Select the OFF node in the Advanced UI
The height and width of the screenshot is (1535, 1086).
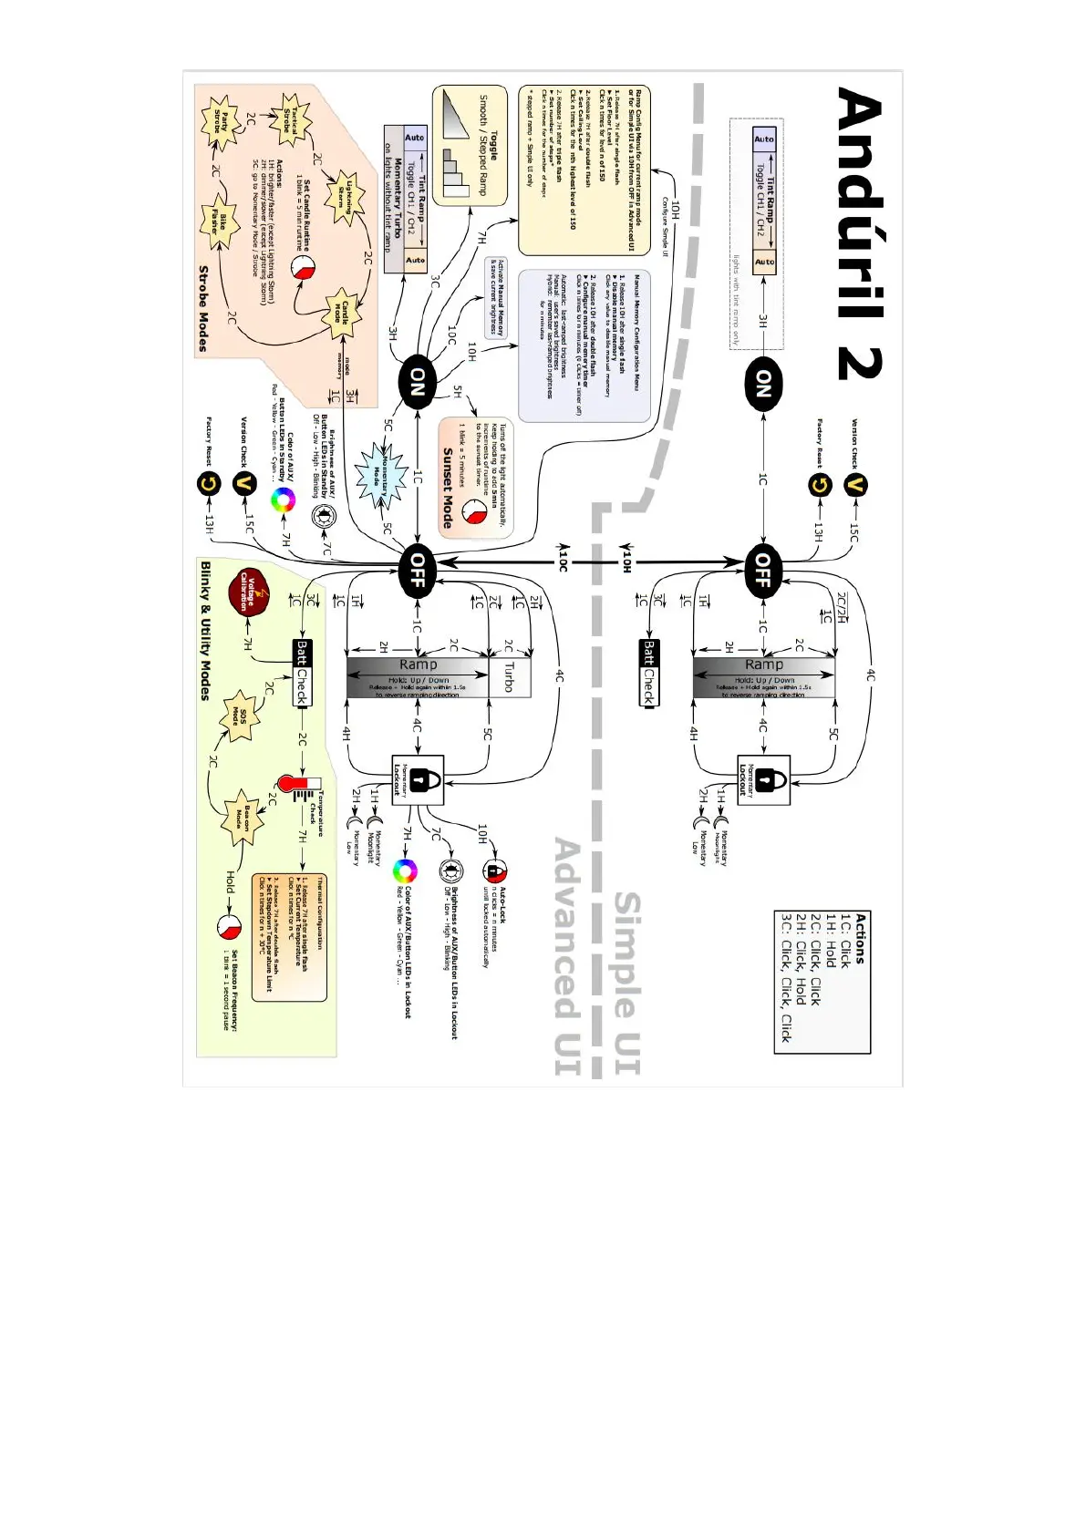pyautogui.click(x=418, y=570)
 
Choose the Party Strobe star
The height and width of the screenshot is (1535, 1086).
pyautogui.click(x=218, y=121)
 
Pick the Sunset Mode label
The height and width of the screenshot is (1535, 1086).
pyautogui.click(x=447, y=488)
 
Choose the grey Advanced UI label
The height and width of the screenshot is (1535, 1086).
pyautogui.click(x=567, y=957)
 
